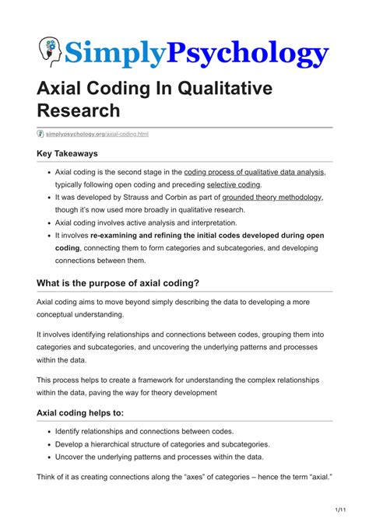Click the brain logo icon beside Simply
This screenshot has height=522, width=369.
pyautogui.click(x=50, y=51)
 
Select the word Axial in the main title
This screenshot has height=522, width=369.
pyautogui.click(x=63, y=89)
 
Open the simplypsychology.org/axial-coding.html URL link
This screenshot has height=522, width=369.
pyautogui.click(x=97, y=134)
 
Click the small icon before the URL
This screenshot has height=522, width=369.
pyautogui.click(x=40, y=134)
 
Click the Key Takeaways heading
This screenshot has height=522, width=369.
pyautogui.click(x=72, y=154)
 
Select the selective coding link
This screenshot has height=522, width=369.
pyautogui.click(x=234, y=184)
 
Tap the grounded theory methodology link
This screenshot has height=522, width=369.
pyautogui.click(x=272, y=198)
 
